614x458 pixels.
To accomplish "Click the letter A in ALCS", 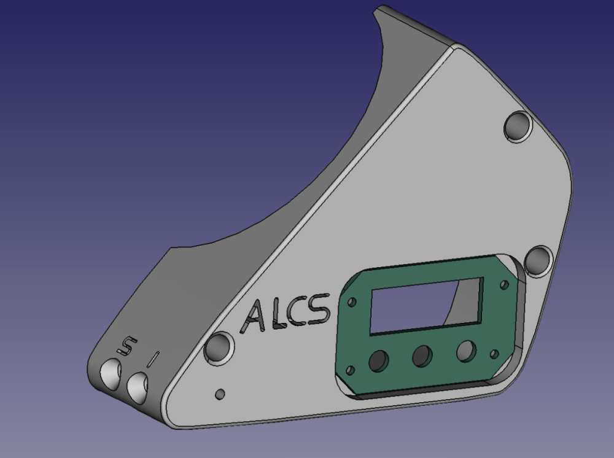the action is [x=254, y=317].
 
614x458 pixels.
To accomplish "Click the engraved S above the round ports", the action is [x=127, y=345].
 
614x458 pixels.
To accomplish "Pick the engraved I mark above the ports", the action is [x=153, y=359].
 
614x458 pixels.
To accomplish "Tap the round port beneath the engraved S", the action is [x=111, y=375].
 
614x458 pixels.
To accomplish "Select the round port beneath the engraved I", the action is [x=138, y=388].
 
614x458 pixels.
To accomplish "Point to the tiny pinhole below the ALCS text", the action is [x=220, y=394].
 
